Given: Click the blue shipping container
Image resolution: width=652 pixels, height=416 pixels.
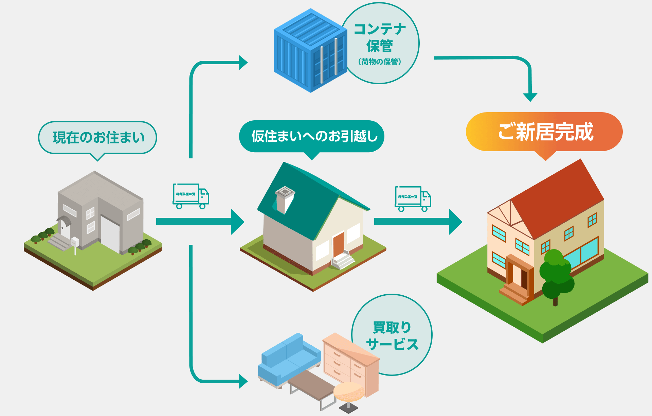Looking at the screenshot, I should click(x=310, y=51).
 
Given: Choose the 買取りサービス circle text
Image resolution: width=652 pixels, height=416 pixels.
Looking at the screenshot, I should click(x=392, y=335).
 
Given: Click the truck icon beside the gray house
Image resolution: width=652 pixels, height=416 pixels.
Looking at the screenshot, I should click(x=191, y=196).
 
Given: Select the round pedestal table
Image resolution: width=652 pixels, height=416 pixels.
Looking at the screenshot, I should click(x=348, y=394).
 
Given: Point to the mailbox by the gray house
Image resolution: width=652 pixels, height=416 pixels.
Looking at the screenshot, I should click(x=75, y=243).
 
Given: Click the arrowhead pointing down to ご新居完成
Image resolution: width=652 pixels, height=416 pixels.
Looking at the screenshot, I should click(x=530, y=97).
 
